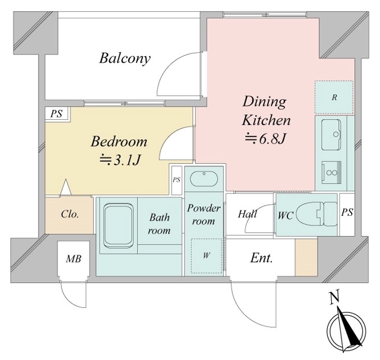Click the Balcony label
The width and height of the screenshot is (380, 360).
click(125, 58)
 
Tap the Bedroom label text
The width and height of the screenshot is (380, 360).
click(119, 142)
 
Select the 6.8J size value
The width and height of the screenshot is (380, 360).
click(273, 138)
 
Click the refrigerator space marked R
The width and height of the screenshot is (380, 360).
click(334, 97)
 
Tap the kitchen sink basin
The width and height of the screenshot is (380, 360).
click(331, 135)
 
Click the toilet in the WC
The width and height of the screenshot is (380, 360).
click(317, 214)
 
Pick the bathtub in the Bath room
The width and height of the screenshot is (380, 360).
click(118, 225)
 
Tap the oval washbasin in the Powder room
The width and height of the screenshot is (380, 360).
click(204, 179)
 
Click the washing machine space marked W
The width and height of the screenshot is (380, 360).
click(207, 256)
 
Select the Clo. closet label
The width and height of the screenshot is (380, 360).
click(70, 214)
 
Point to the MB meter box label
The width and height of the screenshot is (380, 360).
click(74, 259)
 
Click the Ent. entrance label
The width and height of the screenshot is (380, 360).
click(261, 258)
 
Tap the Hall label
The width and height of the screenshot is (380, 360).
click(247, 214)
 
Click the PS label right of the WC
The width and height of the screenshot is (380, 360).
click(347, 212)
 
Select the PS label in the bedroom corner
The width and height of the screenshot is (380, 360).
click(56, 113)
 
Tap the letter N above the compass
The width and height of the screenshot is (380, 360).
click(334, 297)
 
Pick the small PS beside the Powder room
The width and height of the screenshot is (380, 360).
click(177, 180)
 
